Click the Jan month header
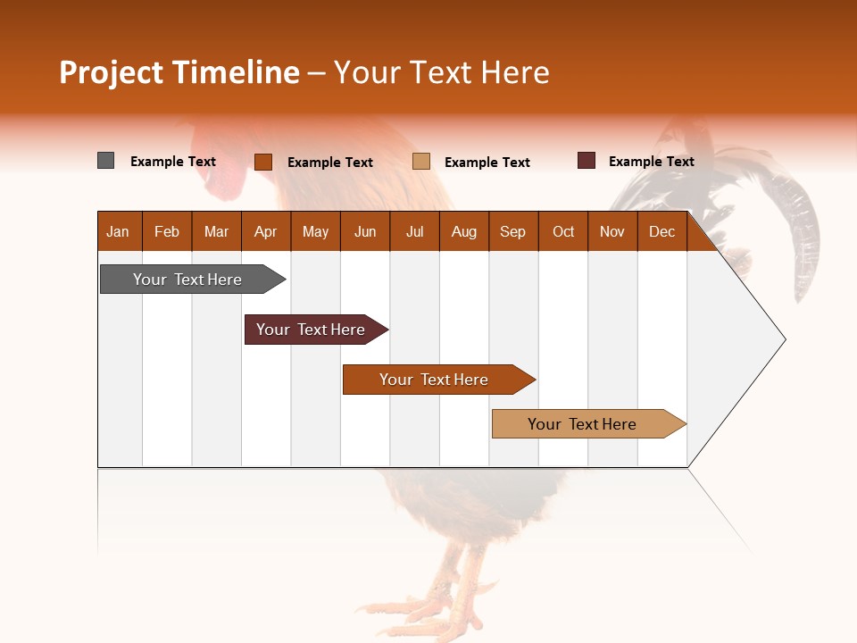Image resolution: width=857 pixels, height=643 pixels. (119, 231)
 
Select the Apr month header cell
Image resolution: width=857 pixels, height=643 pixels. (266, 231)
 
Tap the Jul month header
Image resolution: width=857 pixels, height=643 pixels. (414, 231)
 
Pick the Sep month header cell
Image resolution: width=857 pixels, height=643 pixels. (513, 231)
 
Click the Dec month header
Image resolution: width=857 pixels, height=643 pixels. (661, 231)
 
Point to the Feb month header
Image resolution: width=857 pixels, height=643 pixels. (167, 231)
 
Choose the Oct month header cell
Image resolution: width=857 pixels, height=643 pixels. (563, 231)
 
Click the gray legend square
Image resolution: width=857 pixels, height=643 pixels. (106, 161)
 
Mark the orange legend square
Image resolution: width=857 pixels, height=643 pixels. (263, 162)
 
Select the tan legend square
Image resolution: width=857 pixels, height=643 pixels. (421, 162)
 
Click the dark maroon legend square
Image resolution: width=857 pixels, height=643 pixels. (587, 161)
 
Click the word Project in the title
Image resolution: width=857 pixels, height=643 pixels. (112, 72)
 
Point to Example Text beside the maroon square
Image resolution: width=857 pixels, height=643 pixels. (651, 162)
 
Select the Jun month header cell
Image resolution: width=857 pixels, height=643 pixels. (365, 231)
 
